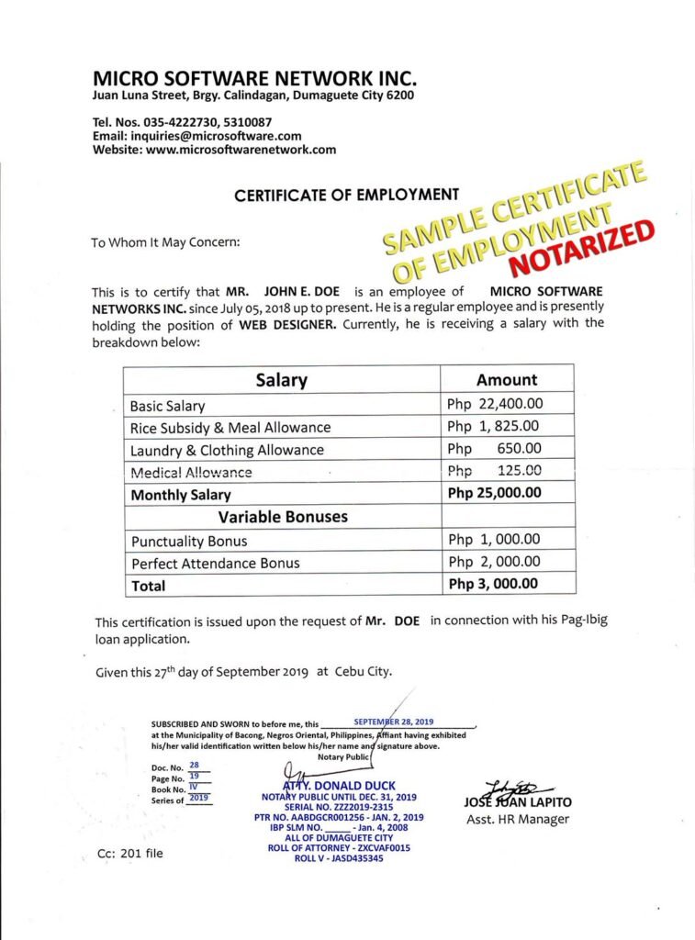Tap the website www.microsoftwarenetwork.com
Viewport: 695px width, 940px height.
click(x=241, y=150)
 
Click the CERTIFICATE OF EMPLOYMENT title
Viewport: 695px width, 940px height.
click(x=346, y=195)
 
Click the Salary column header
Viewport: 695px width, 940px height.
click(x=281, y=380)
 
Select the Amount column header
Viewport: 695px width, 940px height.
click(x=507, y=380)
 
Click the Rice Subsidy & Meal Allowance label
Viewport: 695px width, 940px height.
click(x=230, y=428)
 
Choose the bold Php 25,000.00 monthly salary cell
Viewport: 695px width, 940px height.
click(x=494, y=494)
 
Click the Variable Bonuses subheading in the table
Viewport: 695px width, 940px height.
click(x=283, y=517)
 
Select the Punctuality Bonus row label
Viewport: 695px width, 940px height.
click(x=189, y=541)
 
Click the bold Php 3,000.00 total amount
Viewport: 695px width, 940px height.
click(x=493, y=585)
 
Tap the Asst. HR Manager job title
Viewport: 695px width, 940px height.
click(x=518, y=819)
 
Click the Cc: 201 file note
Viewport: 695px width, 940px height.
click(x=130, y=853)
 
